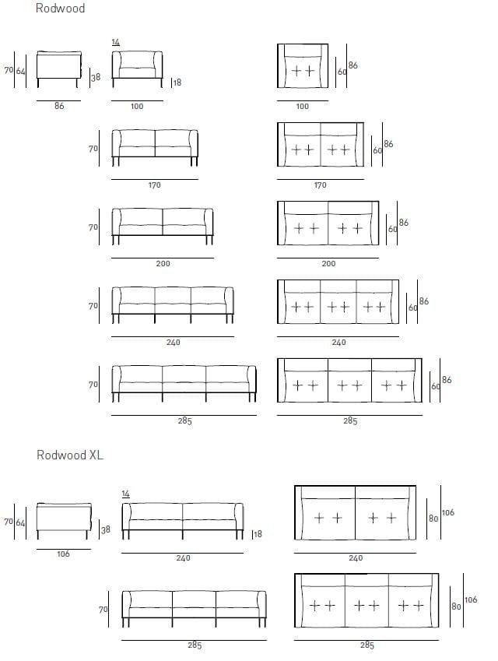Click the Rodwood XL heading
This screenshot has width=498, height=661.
[x=69, y=455]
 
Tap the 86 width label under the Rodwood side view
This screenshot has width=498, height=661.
[x=59, y=106]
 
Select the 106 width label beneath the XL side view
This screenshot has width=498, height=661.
[x=63, y=554]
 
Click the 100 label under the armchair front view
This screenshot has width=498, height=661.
[x=136, y=107]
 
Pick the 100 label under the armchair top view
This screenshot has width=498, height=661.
[x=302, y=107]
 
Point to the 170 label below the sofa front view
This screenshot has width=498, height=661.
[x=155, y=185]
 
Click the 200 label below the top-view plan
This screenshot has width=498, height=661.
[x=328, y=264]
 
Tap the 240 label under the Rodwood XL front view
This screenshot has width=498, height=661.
[x=183, y=557]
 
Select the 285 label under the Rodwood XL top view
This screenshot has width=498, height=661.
[x=367, y=645]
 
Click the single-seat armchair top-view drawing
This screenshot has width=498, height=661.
[x=303, y=67]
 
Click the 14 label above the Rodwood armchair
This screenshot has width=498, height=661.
[x=116, y=42]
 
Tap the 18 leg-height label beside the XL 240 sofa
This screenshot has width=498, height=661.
[x=258, y=534]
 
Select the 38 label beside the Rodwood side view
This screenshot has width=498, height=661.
[x=96, y=77]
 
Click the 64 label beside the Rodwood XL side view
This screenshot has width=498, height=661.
[x=20, y=522]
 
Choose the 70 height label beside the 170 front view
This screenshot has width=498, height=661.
[x=93, y=148]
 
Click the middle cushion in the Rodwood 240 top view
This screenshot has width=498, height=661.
[x=338, y=306]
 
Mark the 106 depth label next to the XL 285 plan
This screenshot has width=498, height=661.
[x=471, y=600]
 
